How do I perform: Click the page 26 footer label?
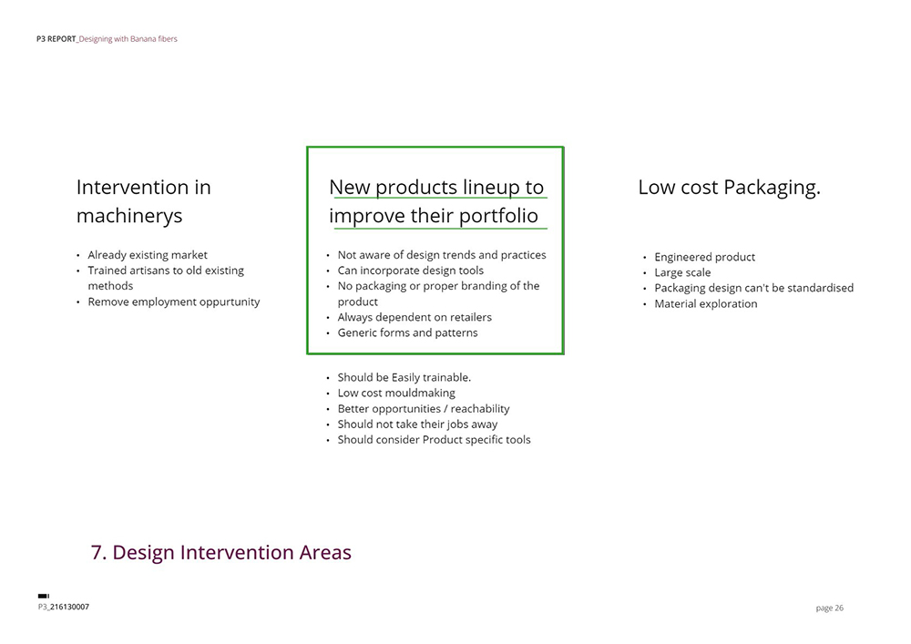tap(829, 608)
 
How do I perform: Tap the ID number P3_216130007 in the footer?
tap(64, 607)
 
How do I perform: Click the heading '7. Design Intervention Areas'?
tap(220, 552)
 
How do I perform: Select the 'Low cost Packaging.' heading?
tap(729, 188)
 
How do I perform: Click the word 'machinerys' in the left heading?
tap(129, 216)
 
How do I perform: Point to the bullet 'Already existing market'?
tap(148, 255)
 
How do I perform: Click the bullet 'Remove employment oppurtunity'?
tap(174, 302)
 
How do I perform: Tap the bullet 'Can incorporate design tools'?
tap(410, 271)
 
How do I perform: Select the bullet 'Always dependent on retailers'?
tap(415, 317)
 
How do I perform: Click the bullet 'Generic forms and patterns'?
tap(407, 332)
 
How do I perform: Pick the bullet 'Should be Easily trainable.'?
tap(404, 377)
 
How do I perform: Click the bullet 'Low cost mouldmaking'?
tap(396, 394)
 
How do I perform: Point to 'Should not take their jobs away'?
tap(417, 424)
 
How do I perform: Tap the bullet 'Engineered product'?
tap(705, 257)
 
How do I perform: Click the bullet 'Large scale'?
tap(682, 273)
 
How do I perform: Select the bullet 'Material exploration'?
tap(705, 303)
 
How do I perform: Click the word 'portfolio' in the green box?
tap(498, 216)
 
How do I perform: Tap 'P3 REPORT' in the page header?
tap(56, 39)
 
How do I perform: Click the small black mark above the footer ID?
tap(44, 596)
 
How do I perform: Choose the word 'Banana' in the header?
tap(142, 39)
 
